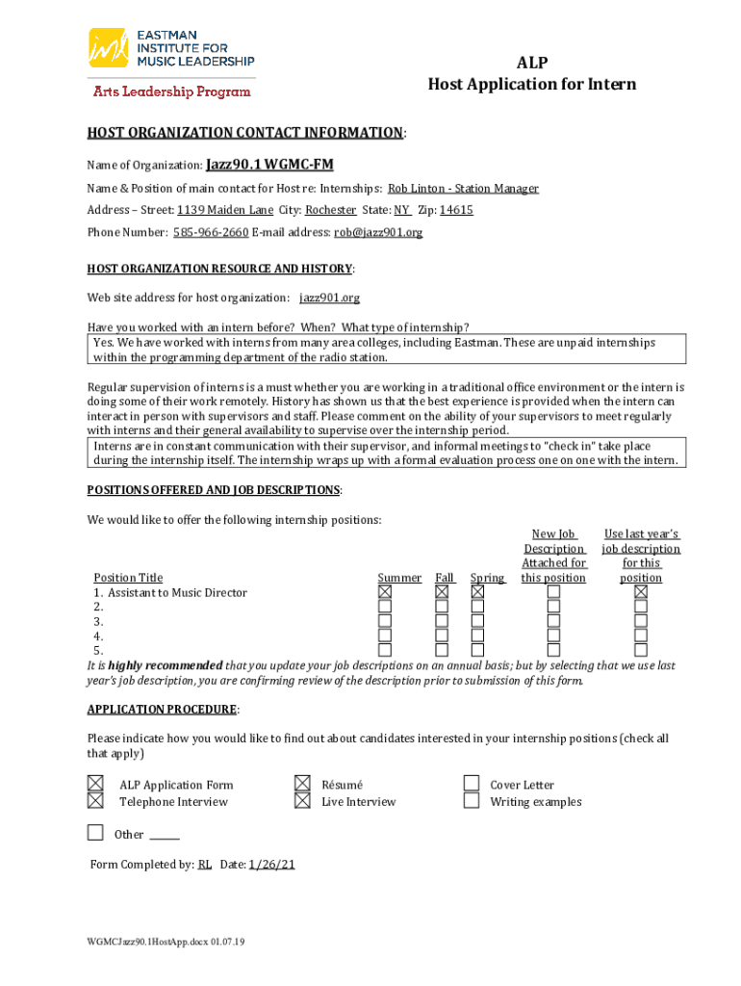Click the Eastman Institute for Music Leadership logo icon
tap(109, 48)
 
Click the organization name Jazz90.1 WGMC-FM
tap(269, 165)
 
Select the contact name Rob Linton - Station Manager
tap(463, 189)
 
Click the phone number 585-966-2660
tap(210, 232)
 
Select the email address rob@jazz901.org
tap(378, 232)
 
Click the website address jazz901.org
tap(329, 298)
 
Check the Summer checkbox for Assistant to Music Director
tap(385, 592)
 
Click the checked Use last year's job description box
tap(641, 592)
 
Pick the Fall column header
tap(445, 578)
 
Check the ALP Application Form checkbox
tap(95, 784)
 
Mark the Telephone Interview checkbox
tap(95, 800)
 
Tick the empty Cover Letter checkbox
tap(472, 784)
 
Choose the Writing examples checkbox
tap(472, 800)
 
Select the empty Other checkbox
tap(95, 832)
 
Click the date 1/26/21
tap(271, 865)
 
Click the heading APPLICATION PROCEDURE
tap(162, 710)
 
